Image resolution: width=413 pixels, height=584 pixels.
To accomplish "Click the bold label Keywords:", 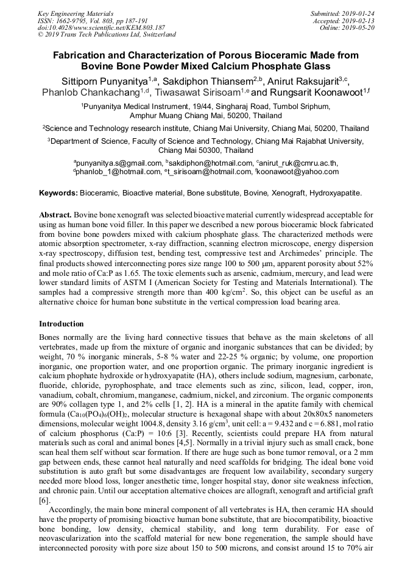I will (58, 193).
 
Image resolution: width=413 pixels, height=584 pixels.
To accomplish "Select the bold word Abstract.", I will (55, 216).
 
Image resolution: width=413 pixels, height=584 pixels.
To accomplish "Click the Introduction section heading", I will (62, 323).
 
